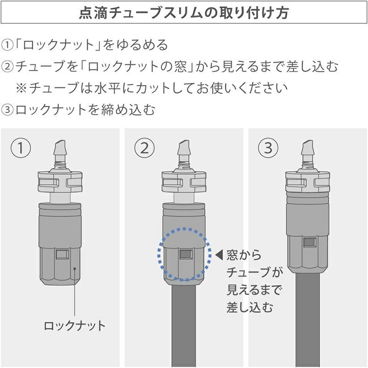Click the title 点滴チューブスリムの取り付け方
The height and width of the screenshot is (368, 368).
(x=184, y=12)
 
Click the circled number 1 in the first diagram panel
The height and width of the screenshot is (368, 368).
(x=21, y=148)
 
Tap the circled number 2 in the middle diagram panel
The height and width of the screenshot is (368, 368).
(x=144, y=148)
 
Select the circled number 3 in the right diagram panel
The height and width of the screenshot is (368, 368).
(x=268, y=148)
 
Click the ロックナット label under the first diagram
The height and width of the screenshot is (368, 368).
(x=75, y=326)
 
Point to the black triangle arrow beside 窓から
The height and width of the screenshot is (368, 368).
(x=219, y=255)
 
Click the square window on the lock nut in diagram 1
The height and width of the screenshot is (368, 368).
(x=63, y=254)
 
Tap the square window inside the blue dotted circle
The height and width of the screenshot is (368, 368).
(x=186, y=254)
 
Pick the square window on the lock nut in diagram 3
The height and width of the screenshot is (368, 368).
(x=310, y=243)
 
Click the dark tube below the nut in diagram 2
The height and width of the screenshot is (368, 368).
(x=184, y=326)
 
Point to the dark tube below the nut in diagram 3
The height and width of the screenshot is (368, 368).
(x=307, y=320)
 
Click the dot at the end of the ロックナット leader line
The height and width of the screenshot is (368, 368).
(x=75, y=269)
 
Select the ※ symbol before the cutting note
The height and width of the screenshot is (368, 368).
(x=21, y=88)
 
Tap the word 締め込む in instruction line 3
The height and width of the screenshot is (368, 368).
(x=128, y=110)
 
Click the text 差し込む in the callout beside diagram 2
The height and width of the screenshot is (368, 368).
(x=250, y=307)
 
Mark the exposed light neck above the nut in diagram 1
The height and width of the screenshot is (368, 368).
(x=60, y=197)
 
